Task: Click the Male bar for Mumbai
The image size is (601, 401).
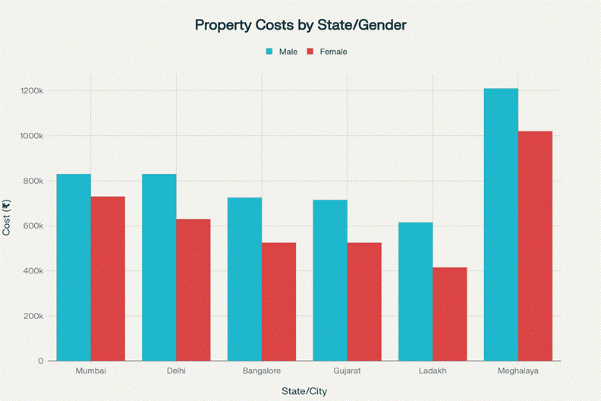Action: point(74,267)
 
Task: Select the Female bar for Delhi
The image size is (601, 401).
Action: point(194,290)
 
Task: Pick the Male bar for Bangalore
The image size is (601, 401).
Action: point(244,279)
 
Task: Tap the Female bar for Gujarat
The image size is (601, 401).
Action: point(364,302)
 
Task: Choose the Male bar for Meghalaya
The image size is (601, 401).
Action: point(501,225)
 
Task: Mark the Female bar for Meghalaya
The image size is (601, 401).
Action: point(535,246)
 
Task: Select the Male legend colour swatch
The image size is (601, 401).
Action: point(269,52)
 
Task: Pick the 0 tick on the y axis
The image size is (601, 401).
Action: point(40,361)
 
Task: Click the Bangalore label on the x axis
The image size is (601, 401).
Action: point(262,371)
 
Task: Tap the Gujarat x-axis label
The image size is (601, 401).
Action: point(347,371)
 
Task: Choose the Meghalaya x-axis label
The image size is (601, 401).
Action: point(518,371)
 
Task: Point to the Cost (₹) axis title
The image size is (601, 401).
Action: point(8,218)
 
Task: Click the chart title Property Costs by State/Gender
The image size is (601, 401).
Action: point(300,25)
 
